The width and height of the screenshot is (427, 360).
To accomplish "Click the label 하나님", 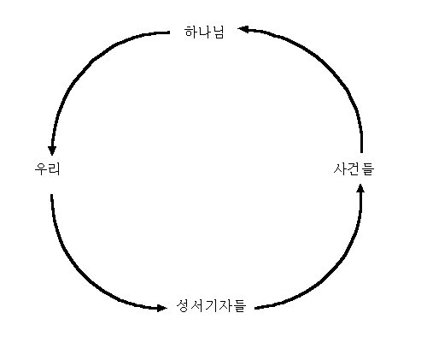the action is (x=204, y=32).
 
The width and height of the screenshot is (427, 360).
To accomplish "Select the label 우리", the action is (x=47, y=169).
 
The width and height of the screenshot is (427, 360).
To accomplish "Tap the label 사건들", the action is (x=354, y=169).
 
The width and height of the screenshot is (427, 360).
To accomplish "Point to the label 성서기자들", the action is (x=211, y=306).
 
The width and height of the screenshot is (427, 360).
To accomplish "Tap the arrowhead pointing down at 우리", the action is (x=52, y=150).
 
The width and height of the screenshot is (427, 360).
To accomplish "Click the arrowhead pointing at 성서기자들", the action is (x=162, y=308).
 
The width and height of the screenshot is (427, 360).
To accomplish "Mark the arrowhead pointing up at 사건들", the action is (x=360, y=188).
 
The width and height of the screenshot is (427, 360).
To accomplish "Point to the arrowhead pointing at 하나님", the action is (x=243, y=29).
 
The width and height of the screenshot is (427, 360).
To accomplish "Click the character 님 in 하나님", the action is (x=218, y=32).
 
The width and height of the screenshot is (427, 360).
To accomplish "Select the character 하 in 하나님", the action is (x=190, y=32).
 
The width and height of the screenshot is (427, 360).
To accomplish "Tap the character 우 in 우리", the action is (x=41, y=169).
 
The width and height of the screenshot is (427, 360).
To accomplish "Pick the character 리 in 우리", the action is (x=54, y=169).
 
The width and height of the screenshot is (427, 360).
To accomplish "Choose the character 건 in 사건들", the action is (x=354, y=169).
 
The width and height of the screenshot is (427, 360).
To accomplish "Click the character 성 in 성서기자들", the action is (x=183, y=306).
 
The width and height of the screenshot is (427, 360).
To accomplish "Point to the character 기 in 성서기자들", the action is (x=211, y=306).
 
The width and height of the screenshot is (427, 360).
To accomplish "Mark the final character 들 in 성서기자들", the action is (x=239, y=306).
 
